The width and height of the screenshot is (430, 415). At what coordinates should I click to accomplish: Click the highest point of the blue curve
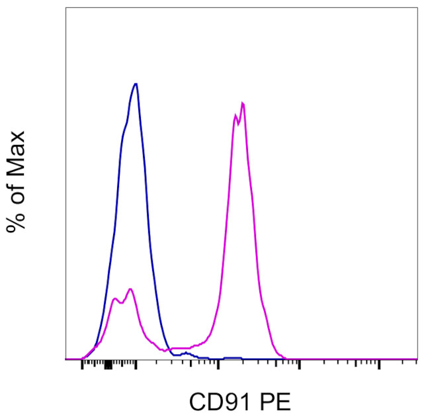(x=136, y=84)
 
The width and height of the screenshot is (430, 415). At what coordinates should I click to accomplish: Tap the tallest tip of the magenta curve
(x=243, y=103)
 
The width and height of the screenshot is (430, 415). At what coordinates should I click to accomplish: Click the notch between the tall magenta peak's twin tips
(x=239, y=123)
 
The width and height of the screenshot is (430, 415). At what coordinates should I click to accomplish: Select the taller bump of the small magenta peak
(x=130, y=289)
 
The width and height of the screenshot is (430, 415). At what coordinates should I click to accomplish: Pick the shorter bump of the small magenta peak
(x=115, y=299)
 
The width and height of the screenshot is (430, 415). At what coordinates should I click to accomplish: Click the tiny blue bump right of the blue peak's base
(x=187, y=353)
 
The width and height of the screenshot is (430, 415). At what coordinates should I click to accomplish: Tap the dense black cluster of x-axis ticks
(x=108, y=365)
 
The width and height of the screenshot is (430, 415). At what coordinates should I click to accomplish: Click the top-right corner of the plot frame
(x=417, y=9)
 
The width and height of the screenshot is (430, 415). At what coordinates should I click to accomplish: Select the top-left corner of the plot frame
(x=65, y=9)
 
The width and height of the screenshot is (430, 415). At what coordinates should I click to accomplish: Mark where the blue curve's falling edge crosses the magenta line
(x=166, y=347)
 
